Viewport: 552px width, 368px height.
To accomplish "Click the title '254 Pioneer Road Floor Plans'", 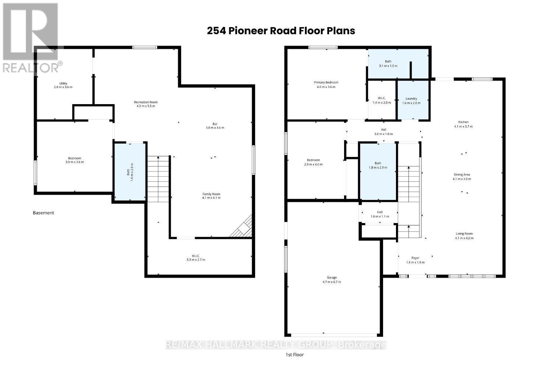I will pyautogui.click(x=281, y=31).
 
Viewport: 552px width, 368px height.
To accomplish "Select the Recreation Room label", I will pyautogui.click(x=146, y=104).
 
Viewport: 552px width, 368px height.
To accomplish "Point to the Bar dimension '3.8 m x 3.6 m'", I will pyautogui.click(x=215, y=128).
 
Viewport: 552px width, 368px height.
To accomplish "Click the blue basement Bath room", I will pyautogui.click(x=130, y=171).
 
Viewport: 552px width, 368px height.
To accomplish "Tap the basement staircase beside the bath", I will pyautogui.click(x=158, y=178).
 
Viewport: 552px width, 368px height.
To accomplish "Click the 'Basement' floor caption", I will pyautogui.click(x=43, y=213).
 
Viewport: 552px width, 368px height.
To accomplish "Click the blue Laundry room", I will pyautogui.click(x=412, y=100).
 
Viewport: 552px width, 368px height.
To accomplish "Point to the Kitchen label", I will pyautogui.click(x=463, y=124).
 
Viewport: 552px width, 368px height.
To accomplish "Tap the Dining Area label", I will pyautogui.click(x=461, y=177).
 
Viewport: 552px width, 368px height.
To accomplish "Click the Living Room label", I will pyautogui.click(x=464, y=236).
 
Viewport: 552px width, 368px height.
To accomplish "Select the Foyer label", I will pyautogui.click(x=415, y=260).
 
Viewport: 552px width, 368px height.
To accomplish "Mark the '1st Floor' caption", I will pyautogui.click(x=295, y=355).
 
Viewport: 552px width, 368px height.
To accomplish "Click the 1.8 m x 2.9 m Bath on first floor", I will pyautogui.click(x=378, y=171).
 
